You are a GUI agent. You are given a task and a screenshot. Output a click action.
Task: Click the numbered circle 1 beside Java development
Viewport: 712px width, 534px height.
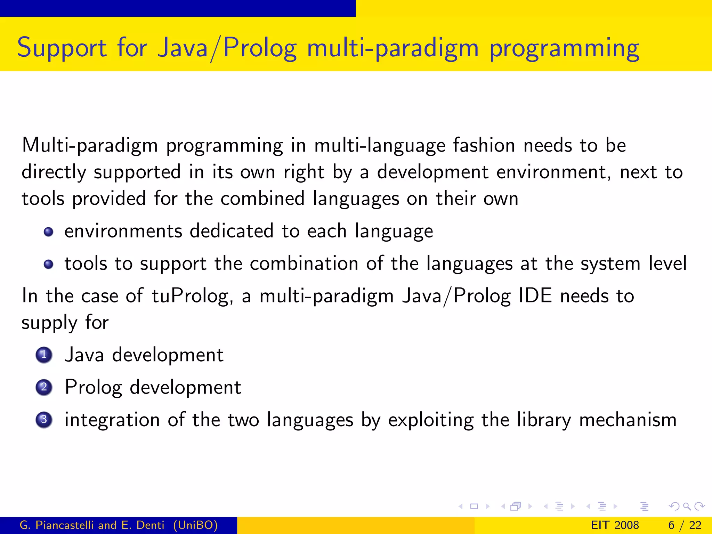pos(44,355)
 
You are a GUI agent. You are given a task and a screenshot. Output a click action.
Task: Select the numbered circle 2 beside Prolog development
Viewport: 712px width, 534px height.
pos(44,387)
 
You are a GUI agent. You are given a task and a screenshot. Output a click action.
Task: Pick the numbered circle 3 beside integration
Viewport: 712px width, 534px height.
pos(44,420)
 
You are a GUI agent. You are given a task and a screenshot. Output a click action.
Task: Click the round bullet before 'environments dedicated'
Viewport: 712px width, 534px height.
pos(49,232)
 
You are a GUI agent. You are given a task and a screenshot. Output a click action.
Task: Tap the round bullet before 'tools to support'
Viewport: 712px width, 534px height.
pos(49,264)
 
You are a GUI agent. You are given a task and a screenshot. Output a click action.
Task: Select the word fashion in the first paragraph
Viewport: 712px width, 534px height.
pos(484,145)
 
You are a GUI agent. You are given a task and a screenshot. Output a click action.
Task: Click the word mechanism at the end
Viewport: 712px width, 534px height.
pos(628,420)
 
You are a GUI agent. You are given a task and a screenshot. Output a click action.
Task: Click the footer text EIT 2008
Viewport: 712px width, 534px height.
pos(615,525)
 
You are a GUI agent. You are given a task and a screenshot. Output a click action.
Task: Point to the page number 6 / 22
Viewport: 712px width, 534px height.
pos(685,525)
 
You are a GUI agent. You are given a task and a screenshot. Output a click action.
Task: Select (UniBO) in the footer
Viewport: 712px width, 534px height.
pos(195,525)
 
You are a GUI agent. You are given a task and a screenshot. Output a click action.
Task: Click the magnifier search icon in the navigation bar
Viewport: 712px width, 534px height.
pos(687,507)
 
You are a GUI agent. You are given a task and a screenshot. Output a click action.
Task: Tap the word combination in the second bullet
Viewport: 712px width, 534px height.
pos(304,264)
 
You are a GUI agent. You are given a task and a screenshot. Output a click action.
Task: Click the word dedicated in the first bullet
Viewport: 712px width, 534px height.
pos(232,231)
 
